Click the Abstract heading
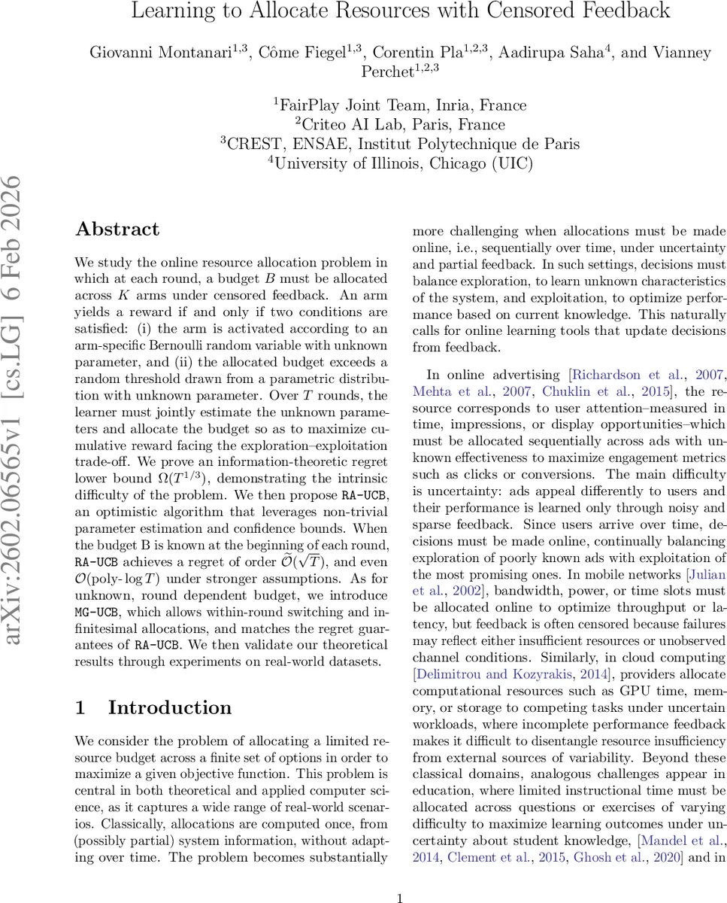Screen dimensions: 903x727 pyautogui.click(x=117, y=230)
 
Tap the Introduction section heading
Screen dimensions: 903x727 pyautogui.click(x=170, y=707)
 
